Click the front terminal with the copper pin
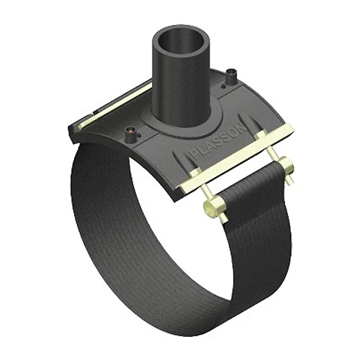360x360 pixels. [x=131, y=133]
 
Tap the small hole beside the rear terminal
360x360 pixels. [x=223, y=85]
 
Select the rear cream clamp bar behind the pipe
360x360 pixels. [x=117, y=104]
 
